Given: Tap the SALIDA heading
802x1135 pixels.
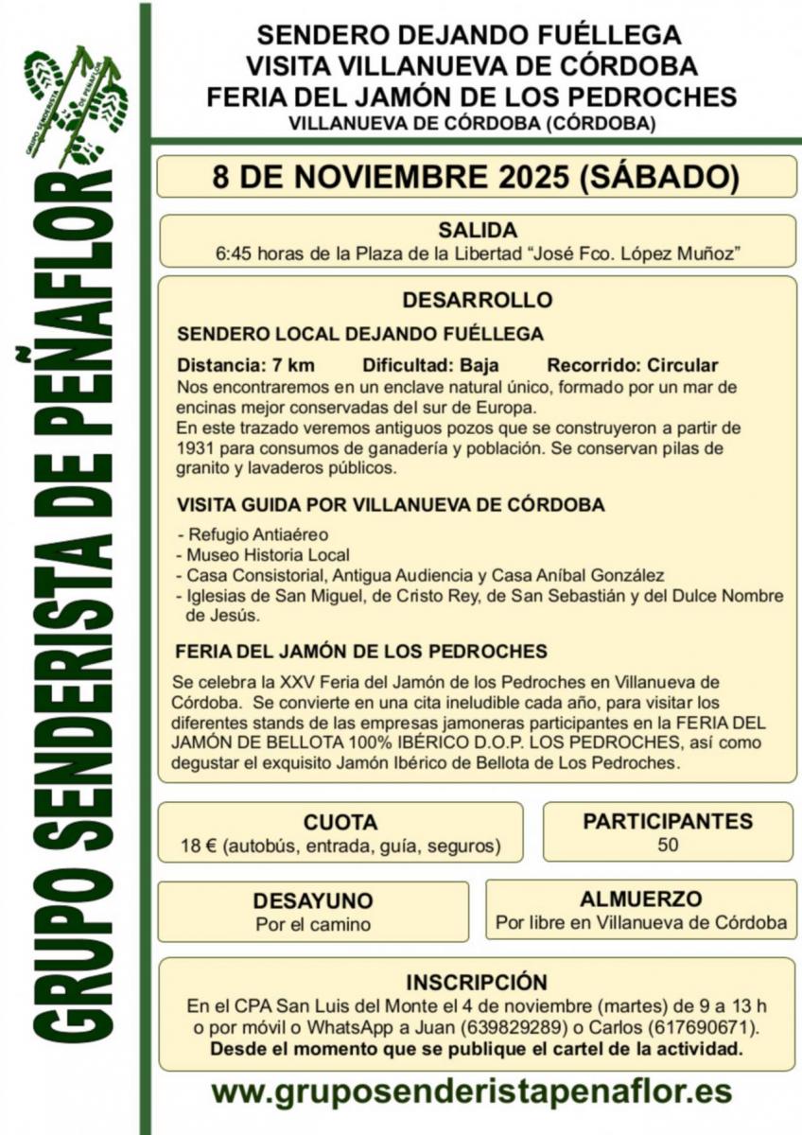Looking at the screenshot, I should (x=477, y=230).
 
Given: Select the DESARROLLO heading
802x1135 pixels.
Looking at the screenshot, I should (x=477, y=301).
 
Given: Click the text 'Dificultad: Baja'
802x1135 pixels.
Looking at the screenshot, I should (x=430, y=365).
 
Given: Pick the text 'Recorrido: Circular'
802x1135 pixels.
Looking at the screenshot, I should (x=632, y=365).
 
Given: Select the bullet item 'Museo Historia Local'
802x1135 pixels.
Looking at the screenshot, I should (x=268, y=555).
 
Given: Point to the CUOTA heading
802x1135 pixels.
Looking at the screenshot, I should (x=340, y=822).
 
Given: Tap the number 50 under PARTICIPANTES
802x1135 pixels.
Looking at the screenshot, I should (x=668, y=845).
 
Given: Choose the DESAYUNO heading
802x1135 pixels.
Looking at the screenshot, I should (x=312, y=900).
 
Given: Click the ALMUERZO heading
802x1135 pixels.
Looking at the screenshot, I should (x=640, y=899).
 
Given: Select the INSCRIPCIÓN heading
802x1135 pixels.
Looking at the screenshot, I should (x=477, y=982).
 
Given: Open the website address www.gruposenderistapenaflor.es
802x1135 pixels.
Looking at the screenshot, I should (x=471, y=1091).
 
